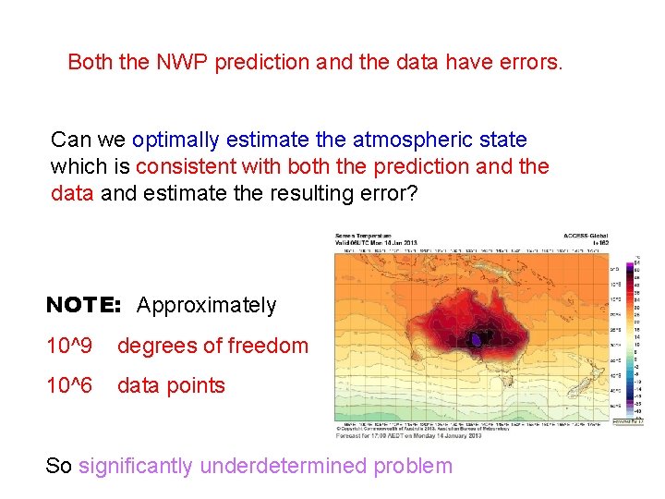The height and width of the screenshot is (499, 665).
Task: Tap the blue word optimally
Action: click(x=175, y=140)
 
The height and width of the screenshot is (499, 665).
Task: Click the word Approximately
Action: click(x=206, y=306)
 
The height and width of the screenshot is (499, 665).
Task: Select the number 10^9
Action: click(x=69, y=346)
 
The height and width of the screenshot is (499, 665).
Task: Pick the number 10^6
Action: click(x=69, y=385)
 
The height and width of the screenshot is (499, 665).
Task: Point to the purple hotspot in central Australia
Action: click(x=477, y=339)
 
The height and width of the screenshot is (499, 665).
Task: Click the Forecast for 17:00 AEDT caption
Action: click(x=388, y=434)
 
